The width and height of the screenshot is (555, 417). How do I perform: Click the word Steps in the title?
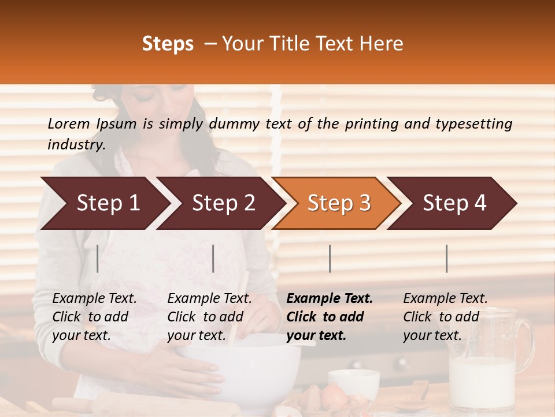point(168,44)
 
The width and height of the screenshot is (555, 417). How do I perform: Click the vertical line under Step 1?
point(98,258)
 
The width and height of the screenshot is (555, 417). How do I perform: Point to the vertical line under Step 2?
point(213,258)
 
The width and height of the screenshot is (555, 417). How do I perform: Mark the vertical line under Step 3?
point(330,258)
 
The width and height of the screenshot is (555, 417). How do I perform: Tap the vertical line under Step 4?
point(446,258)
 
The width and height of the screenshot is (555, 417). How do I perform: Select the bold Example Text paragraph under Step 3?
point(330,317)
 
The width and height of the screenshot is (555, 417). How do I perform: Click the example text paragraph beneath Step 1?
point(94,317)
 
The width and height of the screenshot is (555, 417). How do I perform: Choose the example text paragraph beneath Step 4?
point(445,317)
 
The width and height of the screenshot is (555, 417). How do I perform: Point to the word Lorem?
point(69,123)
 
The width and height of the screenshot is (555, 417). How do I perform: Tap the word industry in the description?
point(76,144)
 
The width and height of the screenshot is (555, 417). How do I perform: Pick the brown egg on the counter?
point(334,397)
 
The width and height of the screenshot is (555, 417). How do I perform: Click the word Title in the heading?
point(319,44)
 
